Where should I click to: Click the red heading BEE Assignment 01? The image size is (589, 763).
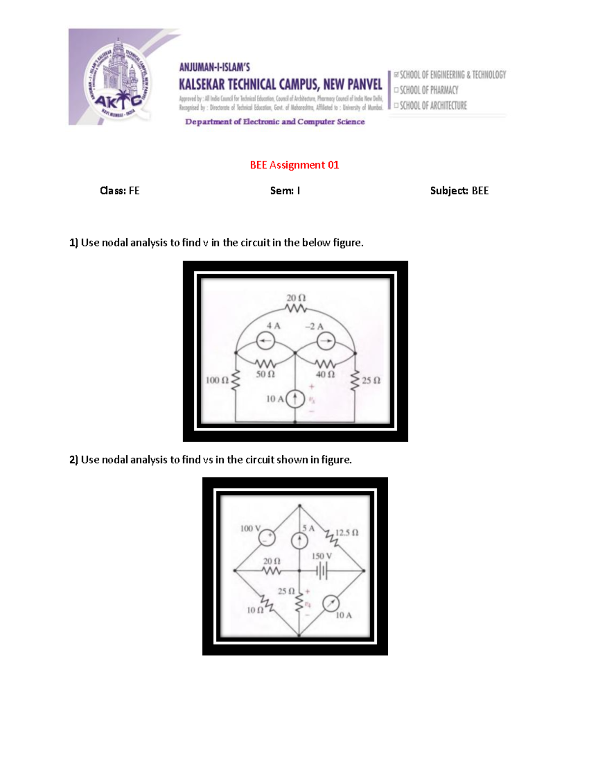click(x=294, y=165)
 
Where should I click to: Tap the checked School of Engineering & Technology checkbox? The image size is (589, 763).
click(x=397, y=75)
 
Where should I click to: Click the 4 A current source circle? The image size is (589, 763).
click(x=266, y=340)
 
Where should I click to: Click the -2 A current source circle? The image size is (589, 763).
click(x=326, y=340)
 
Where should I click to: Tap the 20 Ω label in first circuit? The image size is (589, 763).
click(x=296, y=298)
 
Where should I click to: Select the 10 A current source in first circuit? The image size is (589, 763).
click(x=295, y=399)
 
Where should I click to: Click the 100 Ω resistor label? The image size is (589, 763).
click(x=217, y=380)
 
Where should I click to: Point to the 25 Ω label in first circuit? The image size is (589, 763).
click(x=371, y=381)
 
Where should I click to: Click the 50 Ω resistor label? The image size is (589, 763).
click(x=266, y=374)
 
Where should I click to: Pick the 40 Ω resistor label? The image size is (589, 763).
click(x=325, y=374)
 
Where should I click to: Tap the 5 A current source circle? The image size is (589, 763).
click(x=299, y=541)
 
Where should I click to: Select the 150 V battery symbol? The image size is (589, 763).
click(x=321, y=571)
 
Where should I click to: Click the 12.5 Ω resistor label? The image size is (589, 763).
click(x=347, y=533)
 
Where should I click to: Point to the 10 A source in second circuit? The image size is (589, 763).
click(x=331, y=604)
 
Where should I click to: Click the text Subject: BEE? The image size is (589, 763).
click(x=459, y=191)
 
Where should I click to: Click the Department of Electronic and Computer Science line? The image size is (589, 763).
click(x=275, y=122)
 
